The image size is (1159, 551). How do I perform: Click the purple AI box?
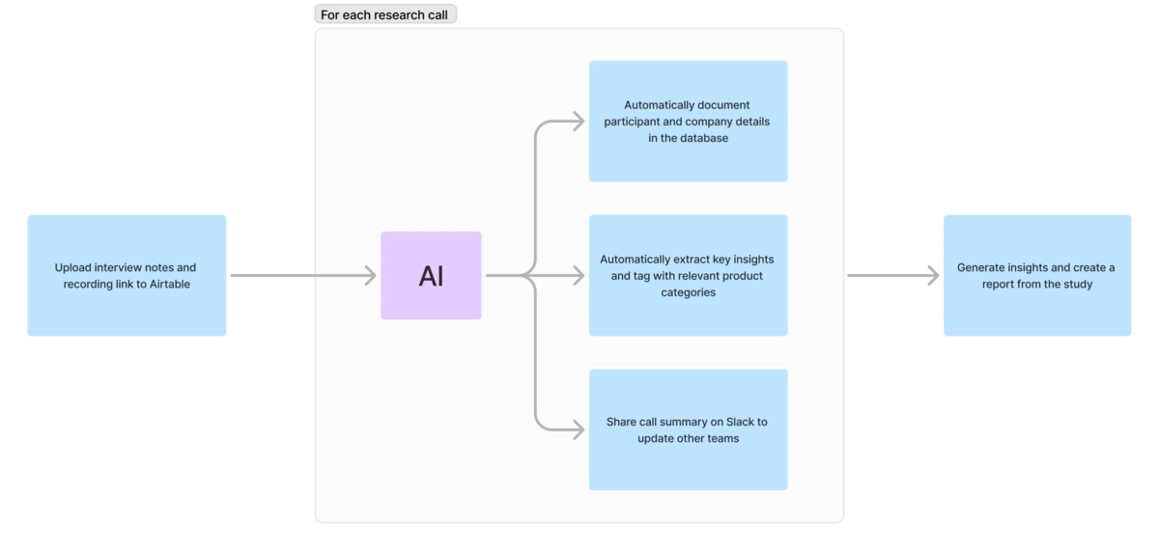[431, 275]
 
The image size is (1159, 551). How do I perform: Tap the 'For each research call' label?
[385, 14]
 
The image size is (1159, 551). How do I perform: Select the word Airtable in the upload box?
[170, 284]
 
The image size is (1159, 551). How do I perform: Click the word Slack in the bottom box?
[740, 422]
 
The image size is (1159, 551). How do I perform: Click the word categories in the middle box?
[688, 292]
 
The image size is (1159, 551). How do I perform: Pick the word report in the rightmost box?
[998, 285]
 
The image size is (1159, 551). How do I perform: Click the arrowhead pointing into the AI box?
[371, 276]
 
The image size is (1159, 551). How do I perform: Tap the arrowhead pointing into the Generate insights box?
[933, 276]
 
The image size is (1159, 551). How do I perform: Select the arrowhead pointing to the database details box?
[579, 122]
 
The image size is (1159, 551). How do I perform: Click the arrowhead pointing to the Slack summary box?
[579, 429]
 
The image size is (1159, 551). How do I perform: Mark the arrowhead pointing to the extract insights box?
[579, 276]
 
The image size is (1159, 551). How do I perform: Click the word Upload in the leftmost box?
[72, 267]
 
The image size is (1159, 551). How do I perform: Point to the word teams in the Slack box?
[722, 438]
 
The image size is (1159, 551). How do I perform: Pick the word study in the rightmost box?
[1078, 285]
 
